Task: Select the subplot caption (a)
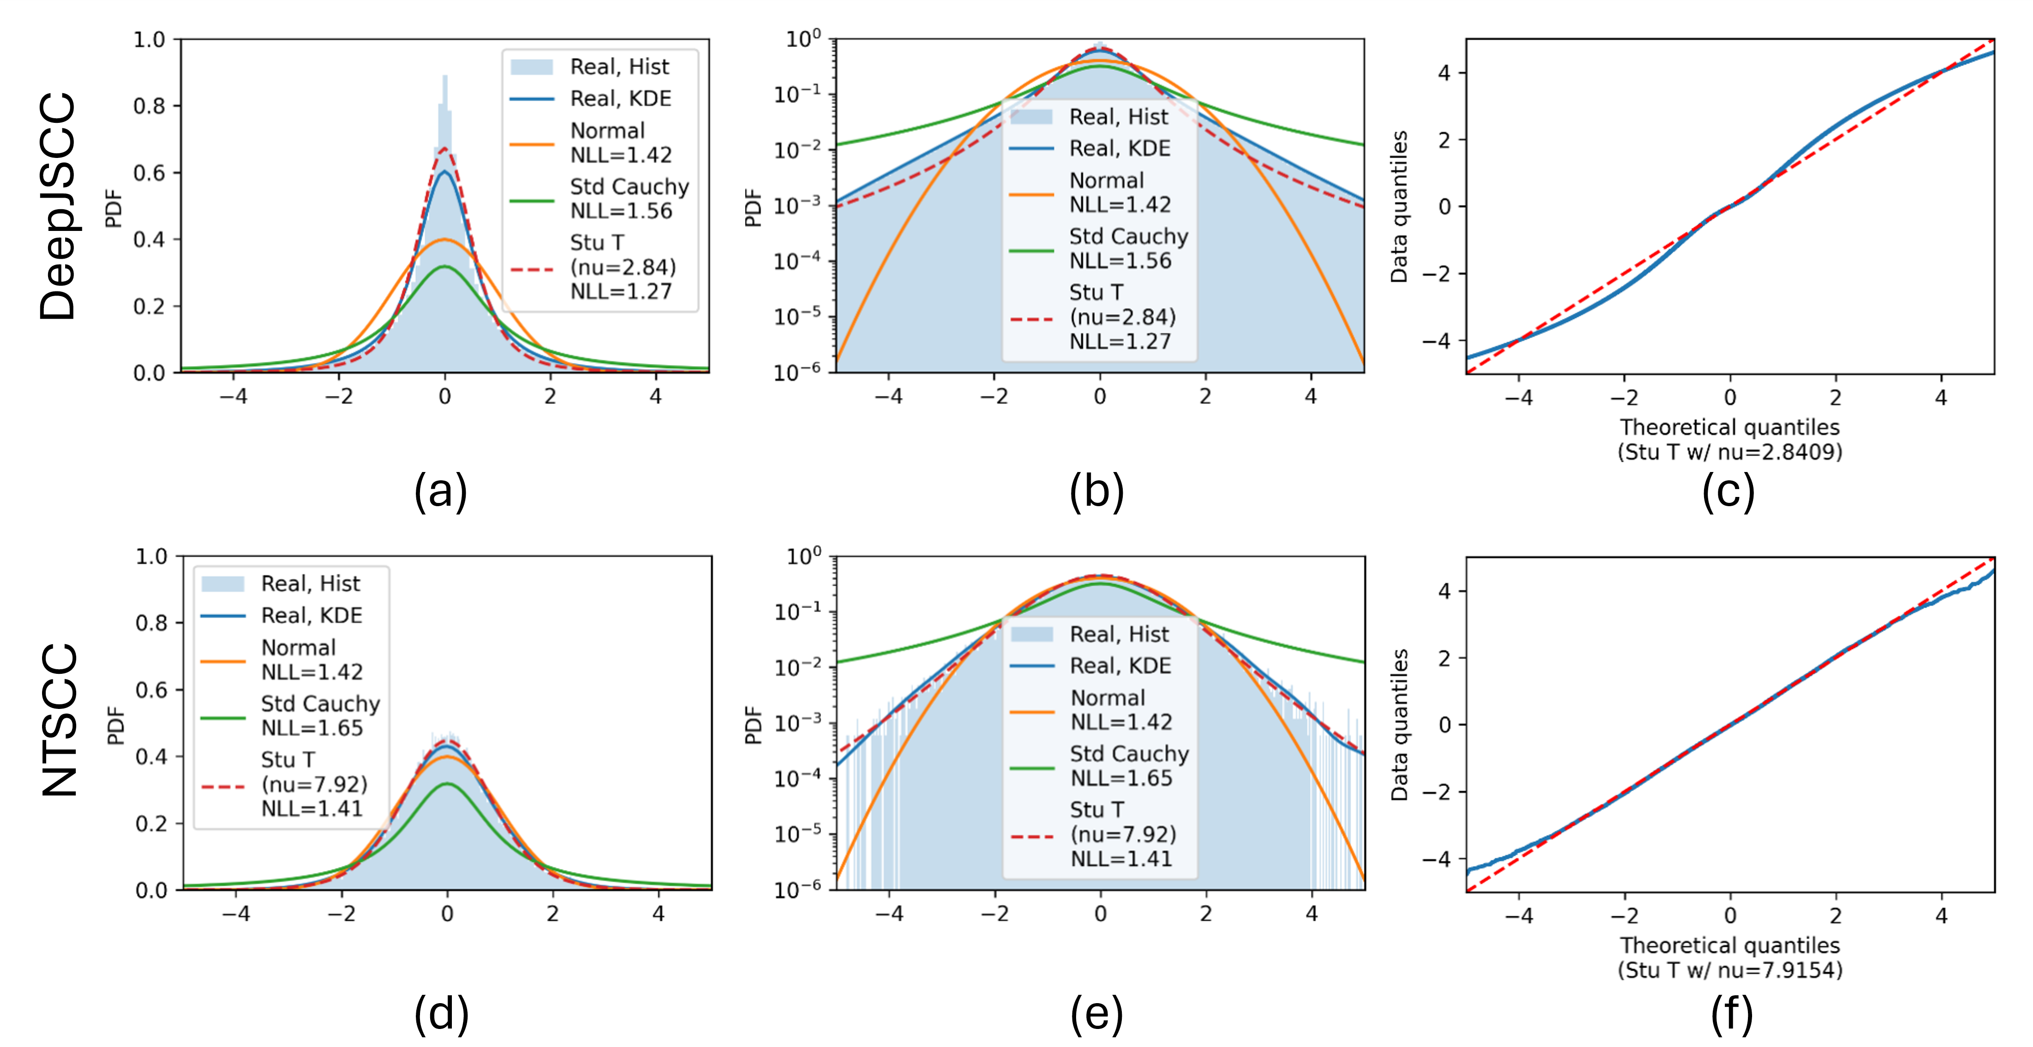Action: (440, 491)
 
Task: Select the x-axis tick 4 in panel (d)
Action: (658, 914)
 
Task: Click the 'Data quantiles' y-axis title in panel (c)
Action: (1399, 207)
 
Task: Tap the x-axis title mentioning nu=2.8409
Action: (1730, 440)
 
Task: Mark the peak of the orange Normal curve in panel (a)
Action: (445, 239)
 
